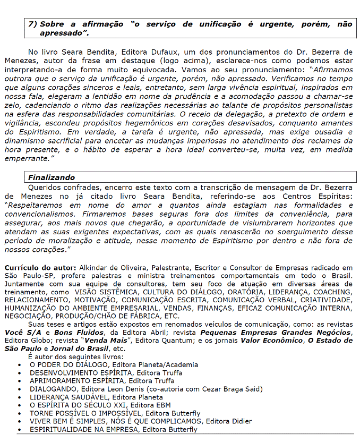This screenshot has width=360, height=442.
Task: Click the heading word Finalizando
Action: point(52,177)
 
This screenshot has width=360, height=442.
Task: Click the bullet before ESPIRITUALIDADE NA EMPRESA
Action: point(20,429)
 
